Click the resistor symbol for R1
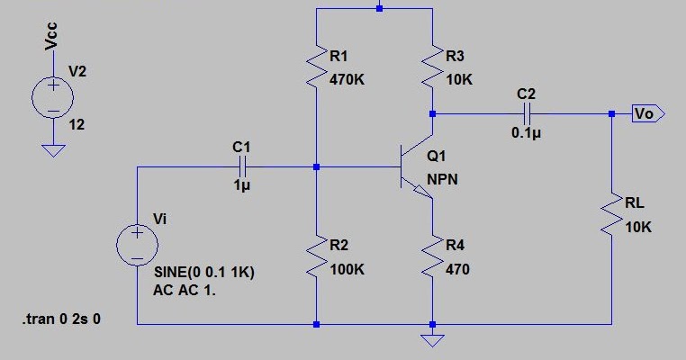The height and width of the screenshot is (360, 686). (x=316, y=68)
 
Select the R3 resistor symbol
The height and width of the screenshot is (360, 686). (x=433, y=68)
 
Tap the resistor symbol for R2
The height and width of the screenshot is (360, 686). (x=316, y=257)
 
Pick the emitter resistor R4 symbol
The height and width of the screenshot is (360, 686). (x=433, y=257)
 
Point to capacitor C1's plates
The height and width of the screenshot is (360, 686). (x=242, y=166)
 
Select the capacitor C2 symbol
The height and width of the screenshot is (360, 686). (x=527, y=114)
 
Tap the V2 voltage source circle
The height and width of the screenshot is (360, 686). (x=53, y=97)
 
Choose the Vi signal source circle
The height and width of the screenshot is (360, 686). (x=137, y=245)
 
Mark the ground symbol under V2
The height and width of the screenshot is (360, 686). (x=53, y=149)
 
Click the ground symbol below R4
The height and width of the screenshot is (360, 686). (x=433, y=339)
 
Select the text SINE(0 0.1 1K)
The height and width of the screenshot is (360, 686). (x=204, y=273)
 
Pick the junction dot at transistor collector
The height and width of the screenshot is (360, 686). (x=433, y=114)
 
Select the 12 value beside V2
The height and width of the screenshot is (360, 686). (x=77, y=125)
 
